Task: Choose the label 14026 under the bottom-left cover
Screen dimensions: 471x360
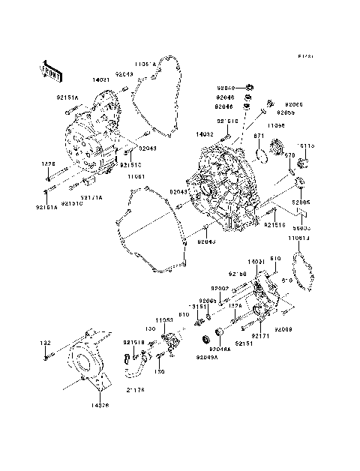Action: click(100, 405)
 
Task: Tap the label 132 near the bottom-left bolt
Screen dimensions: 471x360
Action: click(45, 343)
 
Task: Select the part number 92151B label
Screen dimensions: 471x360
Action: click(132, 343)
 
